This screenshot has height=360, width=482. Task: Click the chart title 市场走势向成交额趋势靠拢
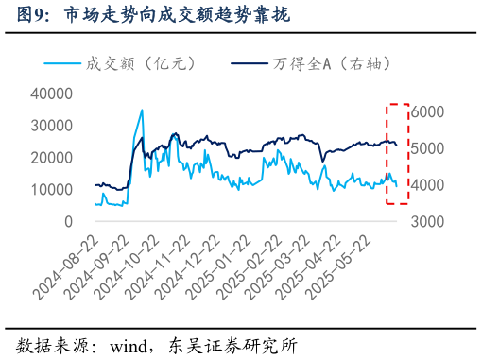click(x=176, y=15)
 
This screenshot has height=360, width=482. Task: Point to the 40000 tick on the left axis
click(x=55, y=94)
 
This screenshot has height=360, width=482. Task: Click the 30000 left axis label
click(x=55, y=126)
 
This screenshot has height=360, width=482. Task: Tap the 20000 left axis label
click(x=55, y=158)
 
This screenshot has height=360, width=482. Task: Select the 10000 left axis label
click(x=55, y=190)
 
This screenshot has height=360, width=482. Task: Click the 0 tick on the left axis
click(x=68, y=222)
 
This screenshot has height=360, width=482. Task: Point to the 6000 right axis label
click(x=427, y=111)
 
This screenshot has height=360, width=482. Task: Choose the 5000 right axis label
click(x=427, y=148)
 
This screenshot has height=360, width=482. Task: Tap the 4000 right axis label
click(x=427, y=185)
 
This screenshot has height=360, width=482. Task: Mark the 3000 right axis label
click(x=427, y=222)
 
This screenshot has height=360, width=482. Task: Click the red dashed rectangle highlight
click(x=398, y=153)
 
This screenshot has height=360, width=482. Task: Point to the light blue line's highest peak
click(x=142, y=111)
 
